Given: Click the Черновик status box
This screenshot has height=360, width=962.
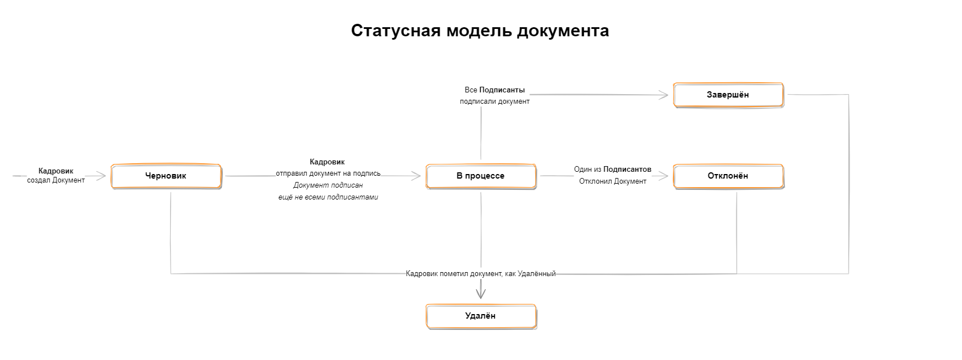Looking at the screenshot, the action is coord(166,176).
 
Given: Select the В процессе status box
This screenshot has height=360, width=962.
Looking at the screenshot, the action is coord(481,176).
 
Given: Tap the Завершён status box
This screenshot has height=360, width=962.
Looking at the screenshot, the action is coord(728,95).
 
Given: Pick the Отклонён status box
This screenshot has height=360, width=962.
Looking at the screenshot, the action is coord(728,176).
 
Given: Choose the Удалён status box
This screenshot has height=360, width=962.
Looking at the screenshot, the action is coord(481,316).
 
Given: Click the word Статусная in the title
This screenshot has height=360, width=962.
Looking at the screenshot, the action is coord(396,31).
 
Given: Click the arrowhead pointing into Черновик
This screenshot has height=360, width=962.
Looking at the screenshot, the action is coord(101,176).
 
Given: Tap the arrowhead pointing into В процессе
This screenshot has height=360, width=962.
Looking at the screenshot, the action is coord(416,176).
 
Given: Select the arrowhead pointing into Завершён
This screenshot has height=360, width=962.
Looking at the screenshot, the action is coord(663,95).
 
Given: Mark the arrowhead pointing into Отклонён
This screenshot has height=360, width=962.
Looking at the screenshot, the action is coord(663,176).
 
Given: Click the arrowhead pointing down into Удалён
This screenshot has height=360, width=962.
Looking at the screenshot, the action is coord(481,294).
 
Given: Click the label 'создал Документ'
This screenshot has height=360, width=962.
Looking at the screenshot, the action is coord(56,180).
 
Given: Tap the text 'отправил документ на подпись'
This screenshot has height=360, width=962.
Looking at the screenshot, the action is coord(328,173).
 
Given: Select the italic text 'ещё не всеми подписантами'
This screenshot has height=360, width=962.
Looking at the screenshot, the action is coord(328,197).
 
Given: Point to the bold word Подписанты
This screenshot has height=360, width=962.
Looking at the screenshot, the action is coord(502,90).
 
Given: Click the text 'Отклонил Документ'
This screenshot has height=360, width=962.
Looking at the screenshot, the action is coord(612,181).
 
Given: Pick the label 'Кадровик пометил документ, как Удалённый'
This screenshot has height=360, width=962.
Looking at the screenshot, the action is coord(481,274).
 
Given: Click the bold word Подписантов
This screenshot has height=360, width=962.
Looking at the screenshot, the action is coord(628,170).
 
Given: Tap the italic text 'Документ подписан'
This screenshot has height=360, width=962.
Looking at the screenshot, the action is coord(328,185).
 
